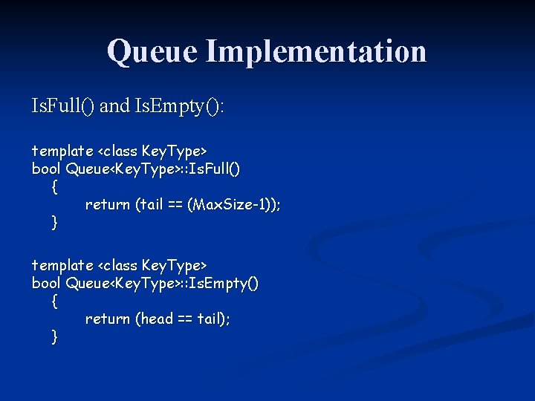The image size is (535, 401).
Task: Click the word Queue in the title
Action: click(153, 51)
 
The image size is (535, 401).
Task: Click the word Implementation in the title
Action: click(317, 51)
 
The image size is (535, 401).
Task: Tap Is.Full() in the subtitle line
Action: click(62, 107)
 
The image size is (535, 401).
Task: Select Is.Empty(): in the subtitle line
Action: click(179, 107)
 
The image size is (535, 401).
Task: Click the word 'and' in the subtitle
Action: click(114, 107)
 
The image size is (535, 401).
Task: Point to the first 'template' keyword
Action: click(62, 151)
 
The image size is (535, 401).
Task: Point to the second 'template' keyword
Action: click(62, 265)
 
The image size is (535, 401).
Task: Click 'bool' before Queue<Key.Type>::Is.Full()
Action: click(46, 169)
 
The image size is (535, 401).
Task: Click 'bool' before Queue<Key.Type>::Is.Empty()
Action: click(46, 283)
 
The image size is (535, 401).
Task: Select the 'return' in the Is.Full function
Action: click(108, 205)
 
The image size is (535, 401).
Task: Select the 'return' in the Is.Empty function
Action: click(108, 319)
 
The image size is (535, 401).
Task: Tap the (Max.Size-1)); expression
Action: click(234, 205)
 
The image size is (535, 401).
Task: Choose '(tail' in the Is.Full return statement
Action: click(149, 205)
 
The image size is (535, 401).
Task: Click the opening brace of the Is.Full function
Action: click(54, 187)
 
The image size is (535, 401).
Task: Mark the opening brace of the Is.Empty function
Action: click(54, 301)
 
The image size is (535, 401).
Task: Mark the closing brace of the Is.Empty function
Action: click(54, 336)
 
